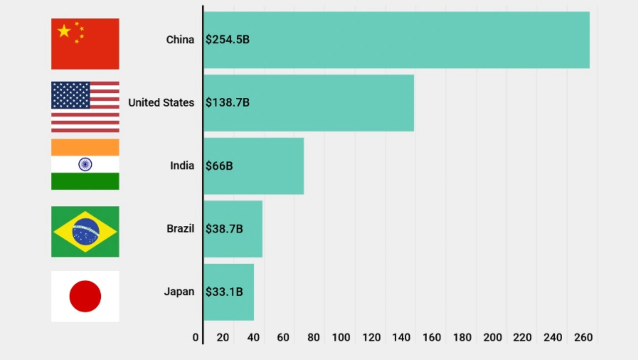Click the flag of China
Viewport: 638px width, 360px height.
tap(85, 44)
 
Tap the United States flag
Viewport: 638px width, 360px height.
tap(85, 107)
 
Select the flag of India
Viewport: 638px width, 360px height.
tap(85, 165)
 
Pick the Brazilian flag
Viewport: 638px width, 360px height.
tap(85, 232)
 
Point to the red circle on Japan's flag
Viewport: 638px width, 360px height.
tap(85, 296)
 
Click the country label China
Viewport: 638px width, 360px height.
tap(180, 39)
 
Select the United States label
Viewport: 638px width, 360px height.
tap(161, 103)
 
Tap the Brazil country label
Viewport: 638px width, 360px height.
tap(180, 229)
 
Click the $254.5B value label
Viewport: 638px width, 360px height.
tap(227, 39)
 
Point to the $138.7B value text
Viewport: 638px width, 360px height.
tap(227, 103)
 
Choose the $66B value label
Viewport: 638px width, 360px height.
tap(219, 166)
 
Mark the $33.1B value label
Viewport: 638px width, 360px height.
tap(224, 292)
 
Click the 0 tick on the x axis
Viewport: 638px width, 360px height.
tap(195, 338)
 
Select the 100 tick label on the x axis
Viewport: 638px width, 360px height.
tap(341, 338)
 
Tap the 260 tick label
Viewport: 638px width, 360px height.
tap(583, 338)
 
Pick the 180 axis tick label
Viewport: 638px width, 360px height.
tap(462, 338)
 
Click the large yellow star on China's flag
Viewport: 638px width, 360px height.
tap(64, 31)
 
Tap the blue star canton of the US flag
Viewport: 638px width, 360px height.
tap(70, 95)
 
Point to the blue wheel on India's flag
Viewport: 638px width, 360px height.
tap(85, 165)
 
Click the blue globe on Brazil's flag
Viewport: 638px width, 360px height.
tap(86, 232)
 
